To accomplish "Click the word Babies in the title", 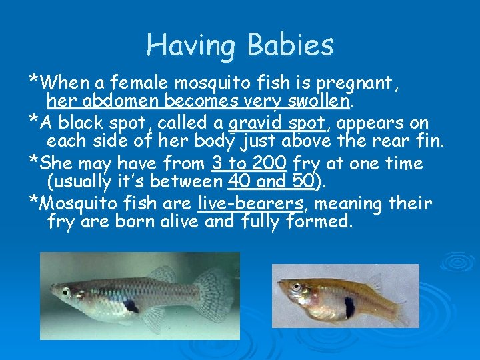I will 290,45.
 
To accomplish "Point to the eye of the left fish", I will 65,292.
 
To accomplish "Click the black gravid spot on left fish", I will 131,305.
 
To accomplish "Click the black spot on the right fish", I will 349,307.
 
